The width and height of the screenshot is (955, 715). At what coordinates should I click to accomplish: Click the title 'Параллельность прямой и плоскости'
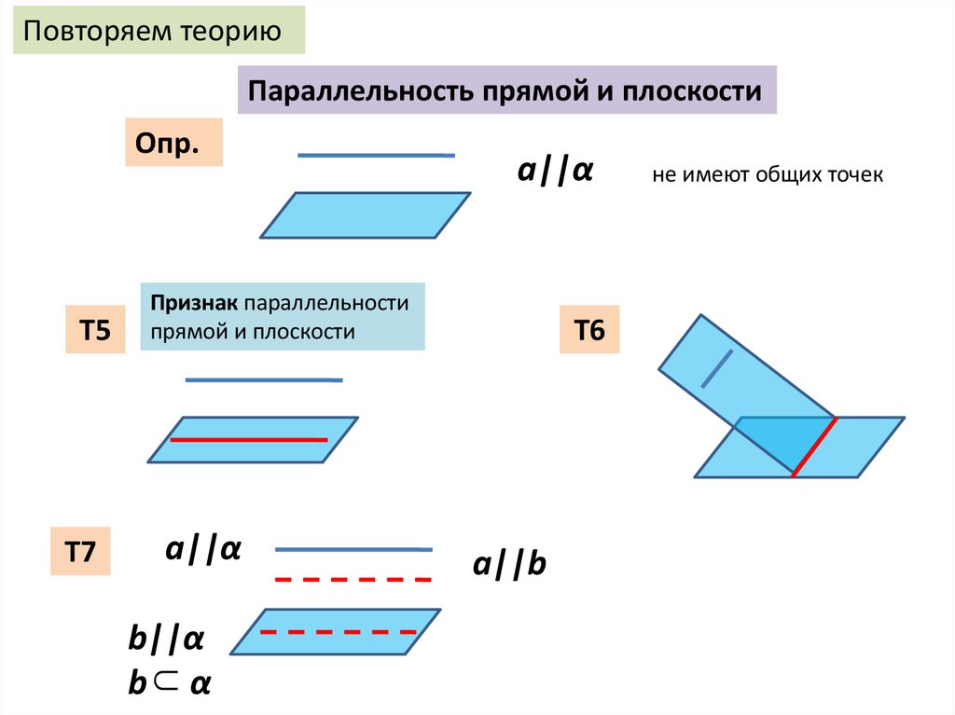506,90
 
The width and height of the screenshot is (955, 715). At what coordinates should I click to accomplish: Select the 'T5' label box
95,330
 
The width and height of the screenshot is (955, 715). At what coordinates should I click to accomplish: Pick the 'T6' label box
589,330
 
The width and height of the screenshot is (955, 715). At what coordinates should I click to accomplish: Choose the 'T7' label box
79,551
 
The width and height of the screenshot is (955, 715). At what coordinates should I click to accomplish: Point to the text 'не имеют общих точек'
767,175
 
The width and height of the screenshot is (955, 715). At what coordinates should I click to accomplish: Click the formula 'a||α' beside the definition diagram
557,172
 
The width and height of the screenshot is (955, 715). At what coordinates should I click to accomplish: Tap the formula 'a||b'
508,565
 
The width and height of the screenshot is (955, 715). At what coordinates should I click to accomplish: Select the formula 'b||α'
166,640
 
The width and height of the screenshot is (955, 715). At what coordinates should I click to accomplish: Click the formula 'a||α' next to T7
203,549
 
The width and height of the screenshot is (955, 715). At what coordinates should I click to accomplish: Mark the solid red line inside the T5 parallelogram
248,439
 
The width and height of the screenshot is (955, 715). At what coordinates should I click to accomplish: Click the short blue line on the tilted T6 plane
717,367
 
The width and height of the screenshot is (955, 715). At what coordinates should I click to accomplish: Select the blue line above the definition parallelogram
376,155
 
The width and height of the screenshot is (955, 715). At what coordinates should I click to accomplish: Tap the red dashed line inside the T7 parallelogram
336,632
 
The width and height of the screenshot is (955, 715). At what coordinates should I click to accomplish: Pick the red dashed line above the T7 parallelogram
353,580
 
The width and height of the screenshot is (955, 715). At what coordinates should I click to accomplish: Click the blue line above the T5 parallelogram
264,379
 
